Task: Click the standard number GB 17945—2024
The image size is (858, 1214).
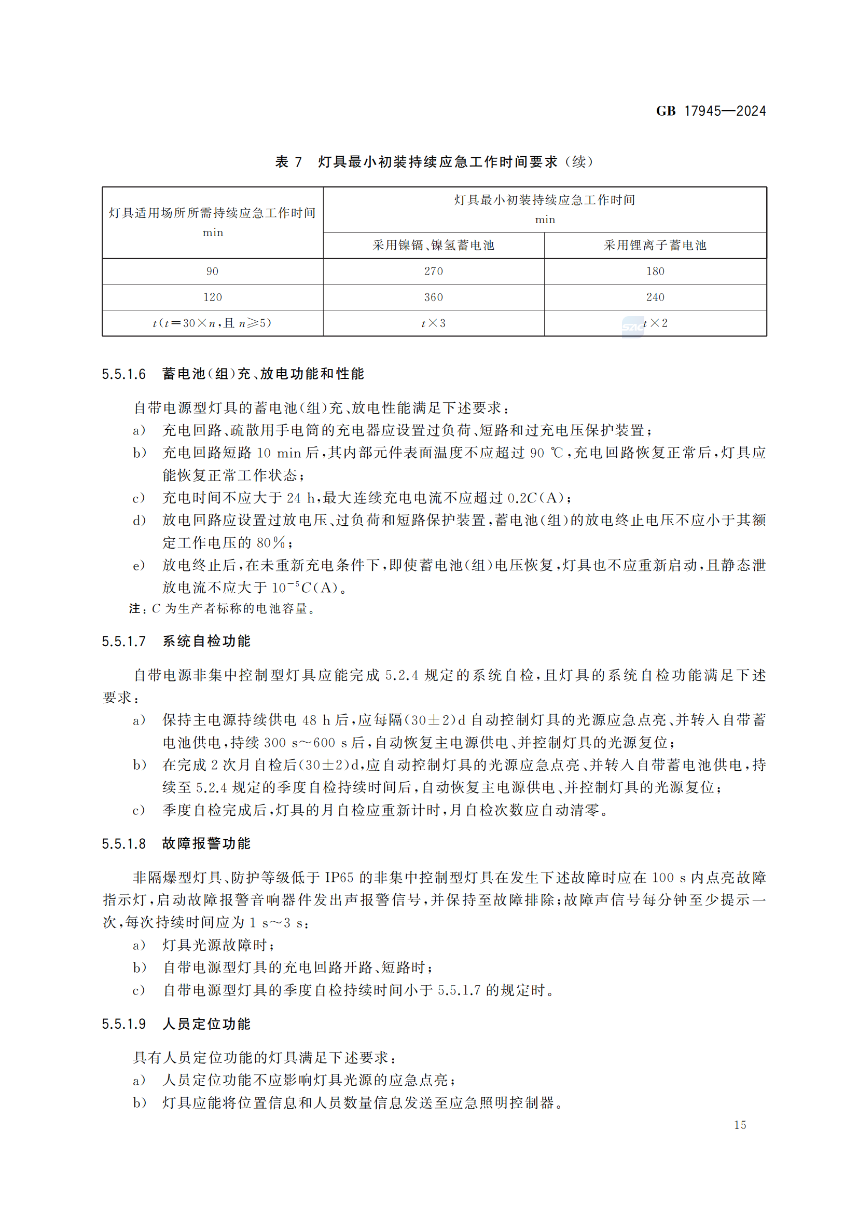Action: click(x=711, y=111)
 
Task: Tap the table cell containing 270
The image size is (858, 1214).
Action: click(x=433, y=271)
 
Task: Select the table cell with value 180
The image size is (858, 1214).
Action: click(x=655, y=271)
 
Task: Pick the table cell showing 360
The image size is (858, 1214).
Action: click(x=433, y=297)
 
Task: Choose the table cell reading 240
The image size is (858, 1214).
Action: click(x=655, y=297)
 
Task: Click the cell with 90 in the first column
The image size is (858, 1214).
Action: click(x=212, y=271)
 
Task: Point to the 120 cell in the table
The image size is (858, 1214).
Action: click(x=212, y=297)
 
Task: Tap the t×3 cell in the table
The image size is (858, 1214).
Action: click(x=433, y=323)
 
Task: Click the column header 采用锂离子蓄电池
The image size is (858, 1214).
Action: click(x=655, y=245)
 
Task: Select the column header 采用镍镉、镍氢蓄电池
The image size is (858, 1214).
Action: click(x=433, y=245)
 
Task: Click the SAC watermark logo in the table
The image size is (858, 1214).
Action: click(x=632, y=327)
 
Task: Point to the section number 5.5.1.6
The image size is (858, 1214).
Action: click(x=123, y=374)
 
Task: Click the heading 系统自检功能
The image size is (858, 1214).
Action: click(x=206, y=642)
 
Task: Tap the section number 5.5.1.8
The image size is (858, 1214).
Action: click(x=123, y=843)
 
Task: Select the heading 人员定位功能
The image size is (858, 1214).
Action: click(x=206, y=1024)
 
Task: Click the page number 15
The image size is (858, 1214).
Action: click(x=740, y=1125)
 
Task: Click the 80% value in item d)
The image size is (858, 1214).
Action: click(x=271, y=543)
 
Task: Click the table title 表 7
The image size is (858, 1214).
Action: click(x=288, y=162)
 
